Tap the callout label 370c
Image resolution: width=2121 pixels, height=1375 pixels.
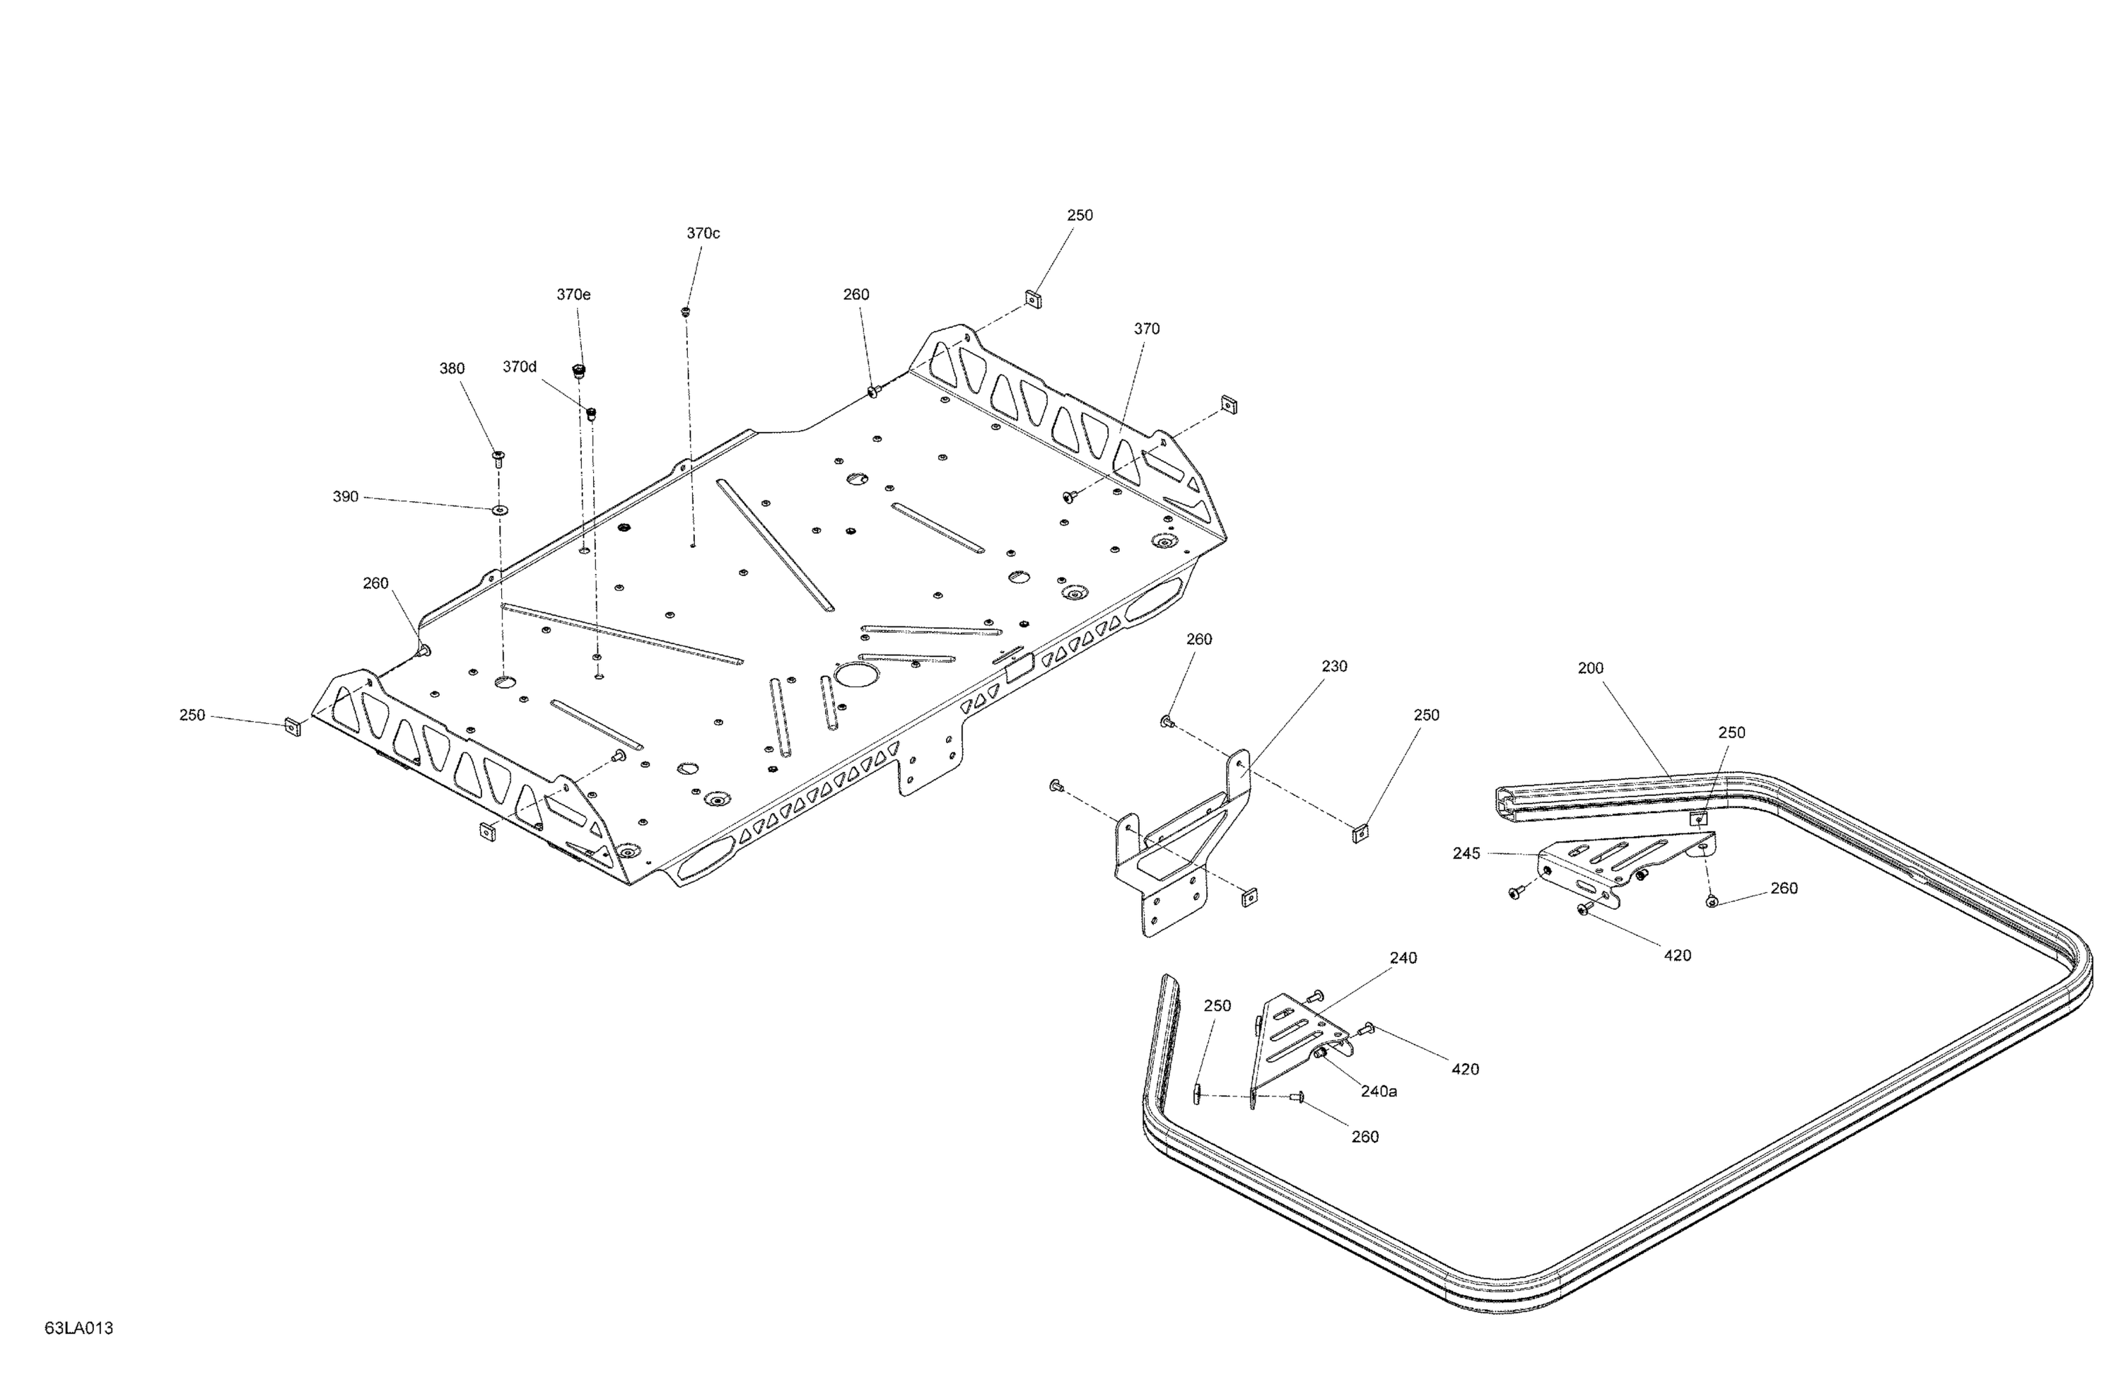click(x=703, y=233)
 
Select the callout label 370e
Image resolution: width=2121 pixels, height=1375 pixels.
click(x=573, y=294)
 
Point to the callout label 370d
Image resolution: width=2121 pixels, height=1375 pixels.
click(x=520, y=366)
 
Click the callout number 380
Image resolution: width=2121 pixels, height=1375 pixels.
click(x=452, y=368)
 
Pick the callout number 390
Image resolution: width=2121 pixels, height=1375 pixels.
click(x=346, y=496)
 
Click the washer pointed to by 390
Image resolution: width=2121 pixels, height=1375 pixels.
click(x=498, y=510)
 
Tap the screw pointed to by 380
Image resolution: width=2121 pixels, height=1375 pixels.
click(x=498, y=458)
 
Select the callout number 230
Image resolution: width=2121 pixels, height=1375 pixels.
click(x=1334, y=666)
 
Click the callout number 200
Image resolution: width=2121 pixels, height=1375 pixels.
click(x=1591, y=667)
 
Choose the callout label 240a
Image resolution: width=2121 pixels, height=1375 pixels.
click(x=1379, y=1091)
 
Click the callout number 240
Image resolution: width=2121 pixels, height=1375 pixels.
click(x=1403, y=958)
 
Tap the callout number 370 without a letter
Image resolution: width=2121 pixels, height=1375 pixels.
click(x=1147, y=329)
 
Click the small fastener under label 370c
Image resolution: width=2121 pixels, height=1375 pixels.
click(x=685, y=311)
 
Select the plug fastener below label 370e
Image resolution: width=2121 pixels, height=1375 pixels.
click(x=578, y=370)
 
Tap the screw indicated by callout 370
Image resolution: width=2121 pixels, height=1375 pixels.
click(x=1070, y=496)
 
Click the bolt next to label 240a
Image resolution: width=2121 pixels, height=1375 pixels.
click(x=1321, y=1053)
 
